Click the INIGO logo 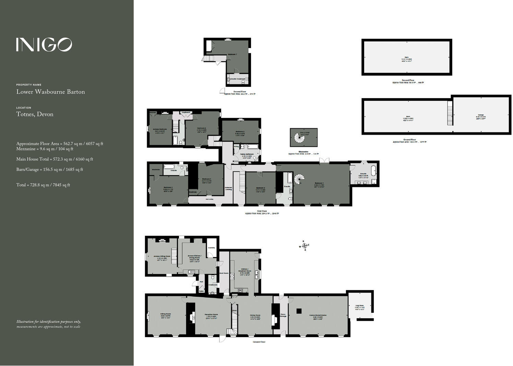coord(44,45)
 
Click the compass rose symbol coord(304,246)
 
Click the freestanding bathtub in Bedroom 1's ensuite coord(373,170)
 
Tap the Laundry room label coord(211,248)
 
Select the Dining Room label coord(255,315)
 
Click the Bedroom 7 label coord(232,55)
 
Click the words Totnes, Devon coord(35,114)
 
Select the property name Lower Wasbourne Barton coord(50,92)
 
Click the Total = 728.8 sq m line coord(43,185)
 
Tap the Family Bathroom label coord(247,154)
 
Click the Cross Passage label coord(283,315)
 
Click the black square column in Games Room coord(299,311)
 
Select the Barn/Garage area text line coord(50,169)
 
